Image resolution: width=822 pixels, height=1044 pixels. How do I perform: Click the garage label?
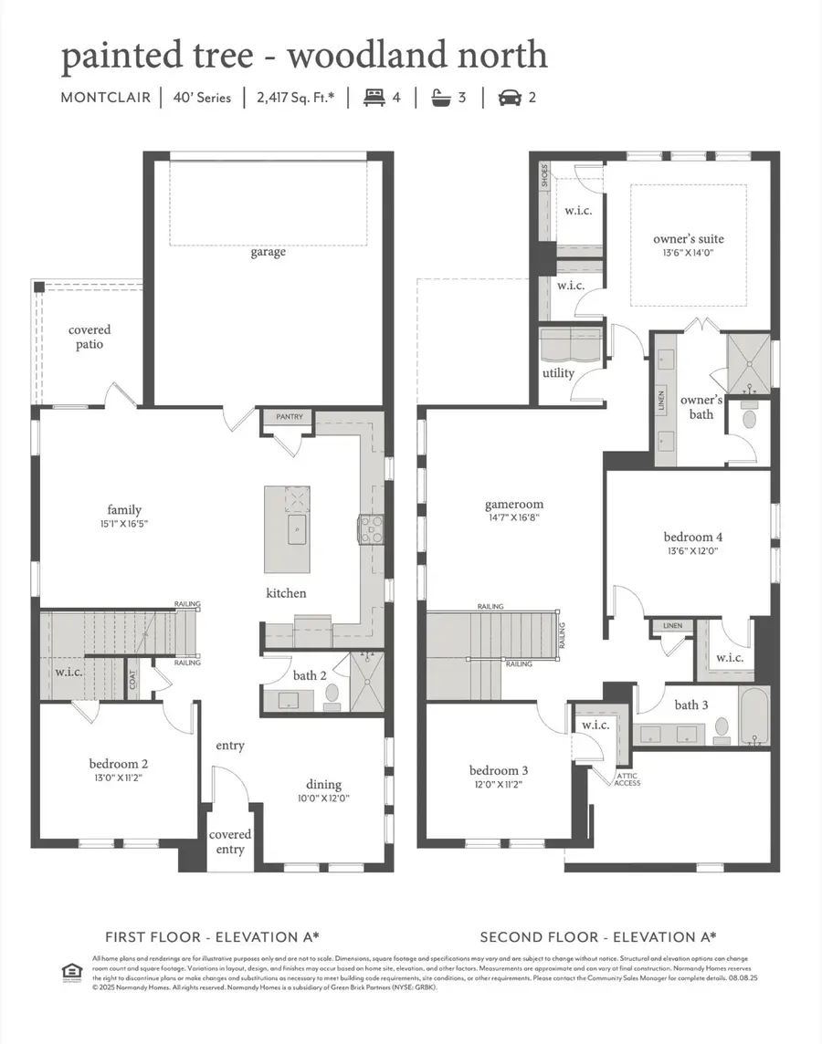[x=269, y=252]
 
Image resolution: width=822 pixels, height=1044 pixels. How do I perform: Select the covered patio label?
[x=90, y=337]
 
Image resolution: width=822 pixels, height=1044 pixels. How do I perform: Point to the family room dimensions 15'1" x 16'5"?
[x=123, y=524]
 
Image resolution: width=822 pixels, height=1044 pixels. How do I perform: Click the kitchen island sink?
[x=299, y=527]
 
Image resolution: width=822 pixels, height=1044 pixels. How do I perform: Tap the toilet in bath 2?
[x=332, y=696]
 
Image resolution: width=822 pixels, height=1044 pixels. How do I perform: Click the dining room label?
[x=323, y=784]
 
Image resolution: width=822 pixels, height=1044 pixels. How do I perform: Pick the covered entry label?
[x=230, y=841]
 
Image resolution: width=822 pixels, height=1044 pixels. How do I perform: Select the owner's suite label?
[x=689, y=239]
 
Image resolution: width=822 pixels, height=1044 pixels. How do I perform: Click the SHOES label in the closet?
[x=545, y=176]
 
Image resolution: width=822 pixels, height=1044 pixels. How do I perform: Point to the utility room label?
[x=558, y=373]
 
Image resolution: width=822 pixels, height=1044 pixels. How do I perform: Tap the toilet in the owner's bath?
[x=751, y=418]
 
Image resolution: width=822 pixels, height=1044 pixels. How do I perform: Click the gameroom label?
[x=514, y=504]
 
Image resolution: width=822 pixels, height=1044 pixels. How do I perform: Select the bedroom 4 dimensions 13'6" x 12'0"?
[x=693, y=551]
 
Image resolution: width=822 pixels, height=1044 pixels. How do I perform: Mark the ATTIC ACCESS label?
[x=627, y=778]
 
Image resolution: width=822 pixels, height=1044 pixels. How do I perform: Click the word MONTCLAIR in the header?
[x=104, y=98]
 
